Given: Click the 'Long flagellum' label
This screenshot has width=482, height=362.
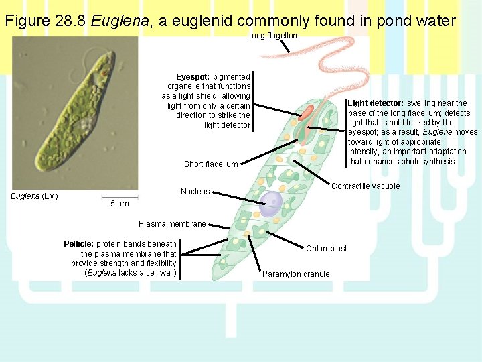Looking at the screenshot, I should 273,36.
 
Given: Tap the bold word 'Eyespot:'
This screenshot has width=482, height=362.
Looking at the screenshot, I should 193,77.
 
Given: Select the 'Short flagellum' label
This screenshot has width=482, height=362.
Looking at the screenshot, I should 211,164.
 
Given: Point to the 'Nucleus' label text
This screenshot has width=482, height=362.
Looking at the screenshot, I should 195,192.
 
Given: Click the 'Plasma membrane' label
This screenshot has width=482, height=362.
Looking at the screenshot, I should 172,224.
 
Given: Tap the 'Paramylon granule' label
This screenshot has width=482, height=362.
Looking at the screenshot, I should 296,274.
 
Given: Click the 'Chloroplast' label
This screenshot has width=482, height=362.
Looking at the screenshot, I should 327,249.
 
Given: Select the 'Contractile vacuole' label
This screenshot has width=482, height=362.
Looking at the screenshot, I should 366,186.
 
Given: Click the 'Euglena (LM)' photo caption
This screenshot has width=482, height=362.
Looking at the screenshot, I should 35,196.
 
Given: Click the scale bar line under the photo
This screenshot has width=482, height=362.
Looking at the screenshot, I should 119,197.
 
